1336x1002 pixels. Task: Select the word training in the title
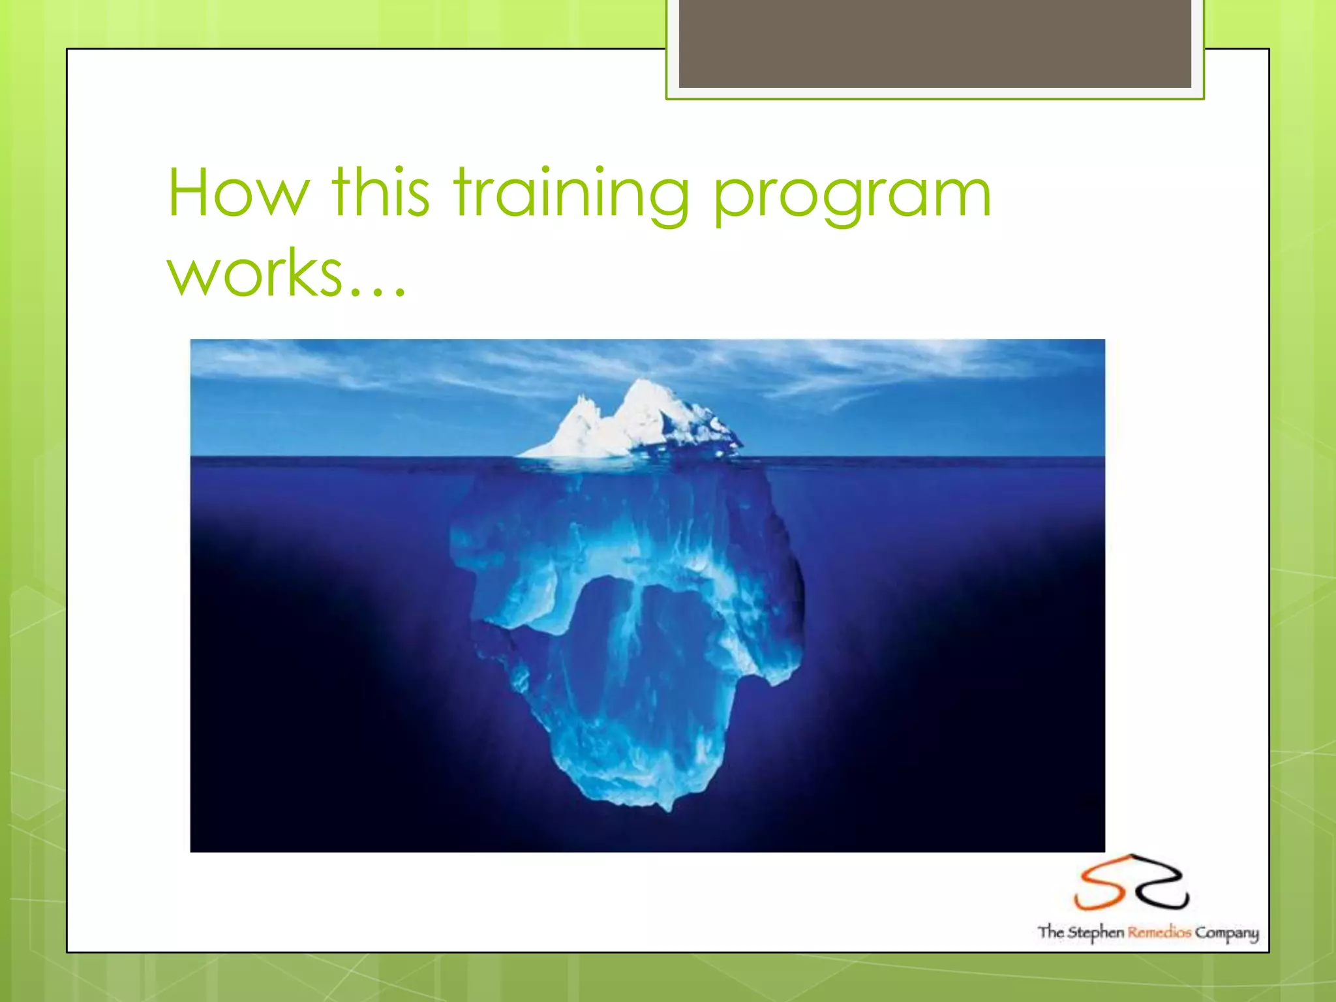571,194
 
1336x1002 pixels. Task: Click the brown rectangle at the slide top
934,44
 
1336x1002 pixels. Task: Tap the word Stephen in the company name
1095,932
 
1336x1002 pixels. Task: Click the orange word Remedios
1159,932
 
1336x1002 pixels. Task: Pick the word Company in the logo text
1226,934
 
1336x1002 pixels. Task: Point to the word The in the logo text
1050,932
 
